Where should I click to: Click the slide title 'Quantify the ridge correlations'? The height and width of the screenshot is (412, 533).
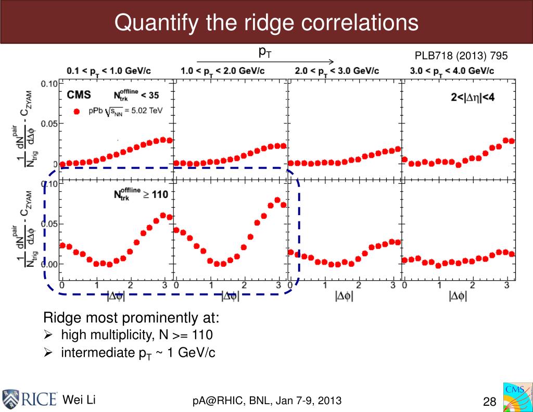coord(266,22)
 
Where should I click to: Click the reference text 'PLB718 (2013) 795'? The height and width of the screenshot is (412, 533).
coord(461,56)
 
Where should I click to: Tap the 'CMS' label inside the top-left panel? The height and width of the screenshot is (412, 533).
coord(79,95)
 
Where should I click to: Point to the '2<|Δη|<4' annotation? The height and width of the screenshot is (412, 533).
coord(472,97)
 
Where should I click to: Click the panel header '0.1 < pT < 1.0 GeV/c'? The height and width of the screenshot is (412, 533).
coord(113,71)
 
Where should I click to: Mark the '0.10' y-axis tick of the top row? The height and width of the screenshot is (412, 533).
coord(49,83)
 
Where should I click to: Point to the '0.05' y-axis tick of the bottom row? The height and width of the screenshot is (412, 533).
coord(49,224)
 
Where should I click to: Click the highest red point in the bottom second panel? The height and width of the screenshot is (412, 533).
coord(277,199)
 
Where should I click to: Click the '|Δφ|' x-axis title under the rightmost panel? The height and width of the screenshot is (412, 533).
coord(458,296)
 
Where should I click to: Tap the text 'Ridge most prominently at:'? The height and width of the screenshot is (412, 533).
coord(131,318)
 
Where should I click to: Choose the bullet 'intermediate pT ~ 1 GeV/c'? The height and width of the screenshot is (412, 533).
coord(138,353)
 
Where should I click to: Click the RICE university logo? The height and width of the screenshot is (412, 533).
coord(30,398)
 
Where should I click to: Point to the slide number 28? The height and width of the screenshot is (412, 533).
coord(490,402)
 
